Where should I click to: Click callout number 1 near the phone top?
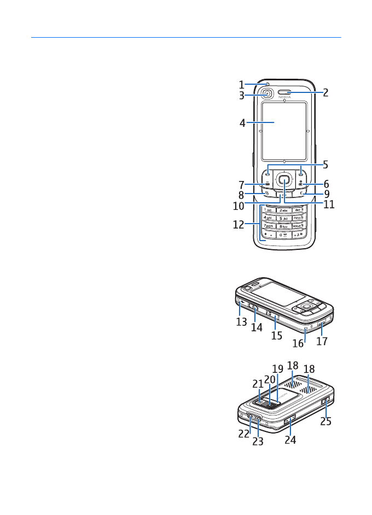(x=241, y=85)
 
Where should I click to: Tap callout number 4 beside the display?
(x=242, y=124)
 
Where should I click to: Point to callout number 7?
(x=241, y=184)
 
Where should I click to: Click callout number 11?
(x=329, y=206)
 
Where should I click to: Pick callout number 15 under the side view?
(x=277, y=335)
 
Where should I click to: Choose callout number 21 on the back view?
(x=258, y=384)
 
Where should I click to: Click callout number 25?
(x=326, y=422)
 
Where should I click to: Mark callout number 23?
(x=258, y=441)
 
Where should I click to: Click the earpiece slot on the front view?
(x=284, y=93)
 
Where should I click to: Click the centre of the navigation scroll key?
(x=284, y=178)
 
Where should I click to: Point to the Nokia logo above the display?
(x=284, y=98)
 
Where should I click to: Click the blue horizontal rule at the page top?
(x=186, y=38)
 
